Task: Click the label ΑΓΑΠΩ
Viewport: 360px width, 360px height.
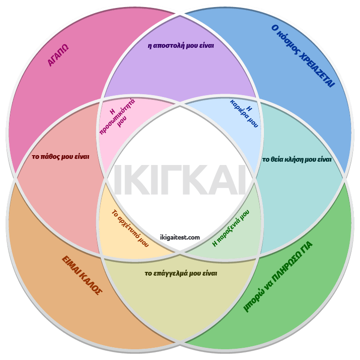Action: [59, 56]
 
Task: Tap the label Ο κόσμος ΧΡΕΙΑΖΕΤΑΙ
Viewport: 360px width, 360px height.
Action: [303, 56]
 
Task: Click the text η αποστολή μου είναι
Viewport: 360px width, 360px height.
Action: [180, 46]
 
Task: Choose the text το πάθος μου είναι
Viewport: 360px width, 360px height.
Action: [60, 157]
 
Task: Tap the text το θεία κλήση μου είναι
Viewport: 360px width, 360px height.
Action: [297, 159]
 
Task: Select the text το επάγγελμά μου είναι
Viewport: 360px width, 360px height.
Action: [181, 273]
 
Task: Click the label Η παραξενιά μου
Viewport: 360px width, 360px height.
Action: [231, 228]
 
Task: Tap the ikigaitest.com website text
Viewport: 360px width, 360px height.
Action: [180, 237]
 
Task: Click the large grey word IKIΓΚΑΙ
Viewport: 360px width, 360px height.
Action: [180, 181]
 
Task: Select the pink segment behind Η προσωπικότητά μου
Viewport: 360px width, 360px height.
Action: [136, 136]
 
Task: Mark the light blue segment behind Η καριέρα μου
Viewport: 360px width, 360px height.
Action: [225, 136]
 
